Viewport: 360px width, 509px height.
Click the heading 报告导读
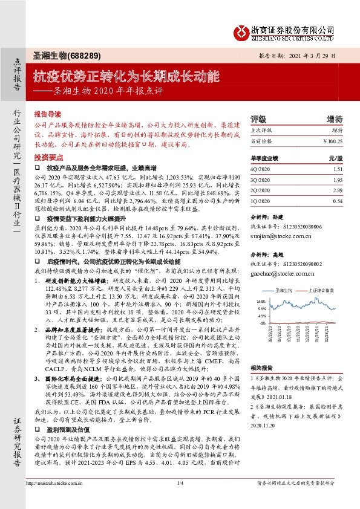pyautogui.click(x=47, y=113)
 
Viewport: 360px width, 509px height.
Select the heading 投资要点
pyautogui.click(x=47, y=156)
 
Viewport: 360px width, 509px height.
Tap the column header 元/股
pyautogui.click(x=335, y=158)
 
